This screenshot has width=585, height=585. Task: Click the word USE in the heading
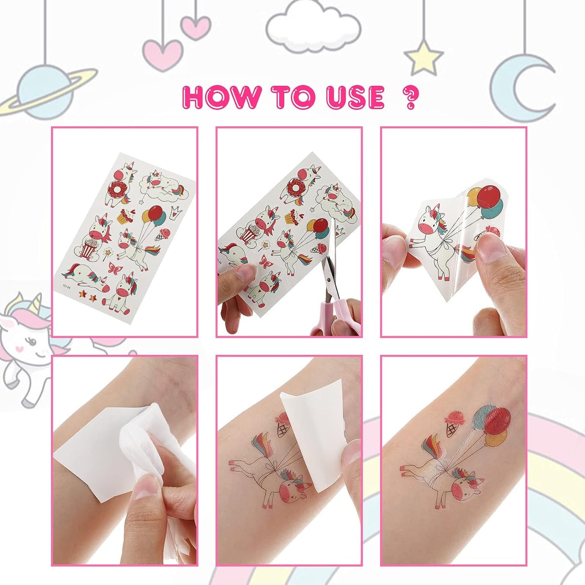(355, 97)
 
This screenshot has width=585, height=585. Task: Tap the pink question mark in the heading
(410, 98)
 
